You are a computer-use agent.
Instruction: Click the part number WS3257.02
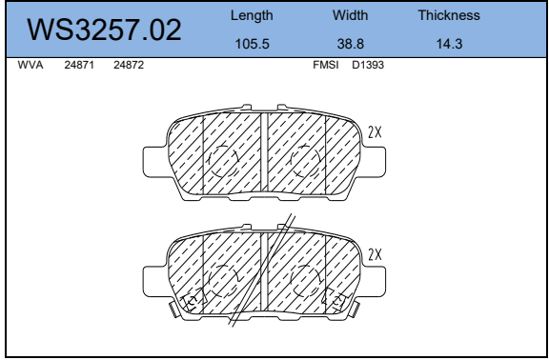point(105,30)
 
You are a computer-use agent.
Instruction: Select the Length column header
point(253,16)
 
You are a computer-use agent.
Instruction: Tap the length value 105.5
point(253,43)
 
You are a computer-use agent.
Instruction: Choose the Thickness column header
point(448,16)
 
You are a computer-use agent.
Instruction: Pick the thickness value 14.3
point(448,43)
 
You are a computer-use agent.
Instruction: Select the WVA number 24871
point(78,66)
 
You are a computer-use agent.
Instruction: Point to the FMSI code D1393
point(368,66)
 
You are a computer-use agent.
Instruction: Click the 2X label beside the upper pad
point(375,133)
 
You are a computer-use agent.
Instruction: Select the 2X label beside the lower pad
point(375,254)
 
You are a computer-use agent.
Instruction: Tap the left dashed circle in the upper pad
point(223,161)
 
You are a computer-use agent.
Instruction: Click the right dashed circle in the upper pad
point(305,161)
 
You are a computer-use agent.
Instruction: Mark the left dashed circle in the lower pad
point(223,280)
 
